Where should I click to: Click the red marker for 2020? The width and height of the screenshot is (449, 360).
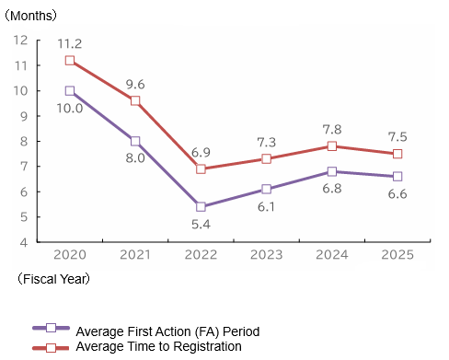point(70,61)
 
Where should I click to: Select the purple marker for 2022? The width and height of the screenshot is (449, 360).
point(201,207)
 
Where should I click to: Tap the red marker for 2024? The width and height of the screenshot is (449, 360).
point(332,146)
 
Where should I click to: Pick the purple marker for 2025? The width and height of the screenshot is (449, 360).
point(397,177)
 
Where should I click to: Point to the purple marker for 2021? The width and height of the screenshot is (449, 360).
point(135,141)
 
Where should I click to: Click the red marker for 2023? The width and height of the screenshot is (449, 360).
point(267,159)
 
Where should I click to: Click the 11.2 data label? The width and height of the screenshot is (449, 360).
point(70,44)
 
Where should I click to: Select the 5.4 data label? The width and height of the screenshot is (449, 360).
point(201,225)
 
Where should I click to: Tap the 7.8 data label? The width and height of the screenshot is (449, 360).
point(332,130)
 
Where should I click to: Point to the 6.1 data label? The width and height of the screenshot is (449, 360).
point(266,207)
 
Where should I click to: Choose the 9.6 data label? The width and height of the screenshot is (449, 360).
point(135,85)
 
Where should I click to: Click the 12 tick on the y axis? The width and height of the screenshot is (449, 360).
point(20,41)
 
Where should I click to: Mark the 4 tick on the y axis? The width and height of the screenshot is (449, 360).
point(24,243)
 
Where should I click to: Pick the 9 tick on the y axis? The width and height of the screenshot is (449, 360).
point(24,116)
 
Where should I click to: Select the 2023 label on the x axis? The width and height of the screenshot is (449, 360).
point(266,255)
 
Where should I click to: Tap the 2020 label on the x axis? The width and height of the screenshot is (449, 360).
point(70,255)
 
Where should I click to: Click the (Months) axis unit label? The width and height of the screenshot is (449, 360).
point(30,16)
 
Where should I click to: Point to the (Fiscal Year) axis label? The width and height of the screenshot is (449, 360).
point(53,279)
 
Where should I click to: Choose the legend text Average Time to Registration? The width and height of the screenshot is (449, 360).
point(158,346)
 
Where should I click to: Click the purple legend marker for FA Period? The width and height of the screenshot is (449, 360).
point(51,328)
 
